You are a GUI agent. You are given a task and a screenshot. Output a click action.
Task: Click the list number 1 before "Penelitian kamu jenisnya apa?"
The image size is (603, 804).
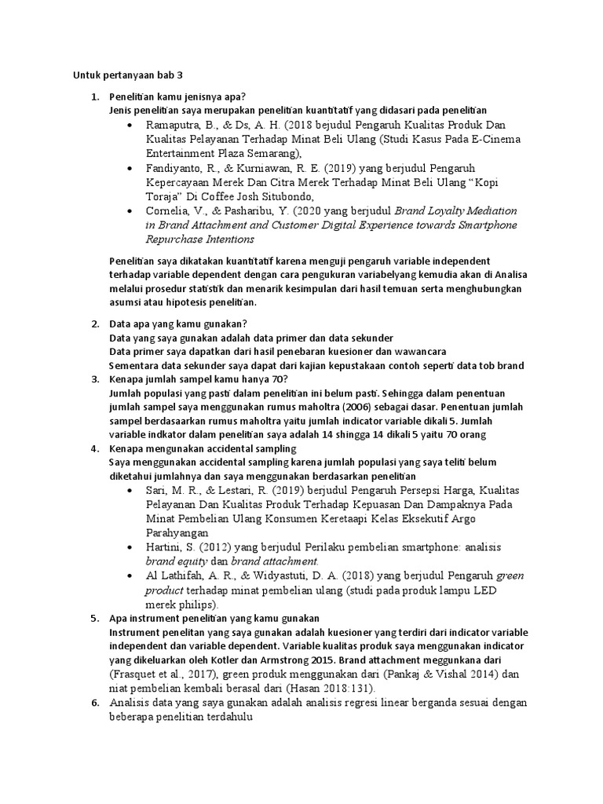pos(94,97)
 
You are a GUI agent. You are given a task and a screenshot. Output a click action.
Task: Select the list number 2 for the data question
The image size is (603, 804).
pos(94,323)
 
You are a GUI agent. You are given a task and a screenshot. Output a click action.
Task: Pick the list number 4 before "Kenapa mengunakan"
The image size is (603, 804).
pos(94,448)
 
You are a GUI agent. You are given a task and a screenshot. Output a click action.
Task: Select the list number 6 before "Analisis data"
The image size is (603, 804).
pos(94,703)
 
